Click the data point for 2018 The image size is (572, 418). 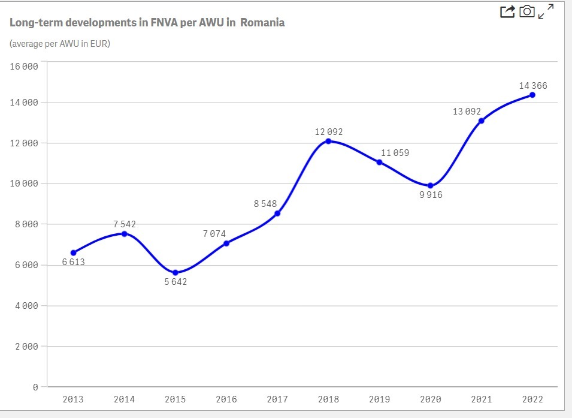[x=328, y=141]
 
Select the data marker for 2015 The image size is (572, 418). [x=175, y=272]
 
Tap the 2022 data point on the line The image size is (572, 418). [x=532, y=95]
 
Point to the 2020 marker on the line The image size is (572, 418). [x=430, y=185]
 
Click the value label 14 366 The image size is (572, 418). [x=532, y=86]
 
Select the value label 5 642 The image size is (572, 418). [x=175, y=282]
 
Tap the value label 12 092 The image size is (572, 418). [x=329, y=131]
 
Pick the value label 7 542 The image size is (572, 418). [x=125, y=224]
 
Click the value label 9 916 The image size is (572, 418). [x=431, y=195]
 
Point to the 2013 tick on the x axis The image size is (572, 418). [x=73, y=399]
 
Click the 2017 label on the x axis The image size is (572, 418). [x=277, y=399]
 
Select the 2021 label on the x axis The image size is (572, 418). [x=482, y=399]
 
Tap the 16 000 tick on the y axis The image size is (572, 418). [x=24, y=66]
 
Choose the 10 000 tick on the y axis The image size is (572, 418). [x=24, y=184]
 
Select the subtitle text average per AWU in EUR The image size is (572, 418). [x=60, y=44]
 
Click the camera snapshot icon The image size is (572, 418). [x=526, y=11]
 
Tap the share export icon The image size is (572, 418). [x=507, y=11]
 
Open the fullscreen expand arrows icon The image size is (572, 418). [x=546, y=11]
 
